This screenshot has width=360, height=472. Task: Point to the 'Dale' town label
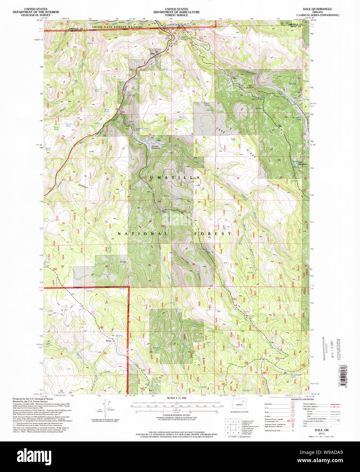pyautogui.click(x=152, y=53)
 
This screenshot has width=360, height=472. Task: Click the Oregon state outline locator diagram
pyautogui.click(x=240, y=404)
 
